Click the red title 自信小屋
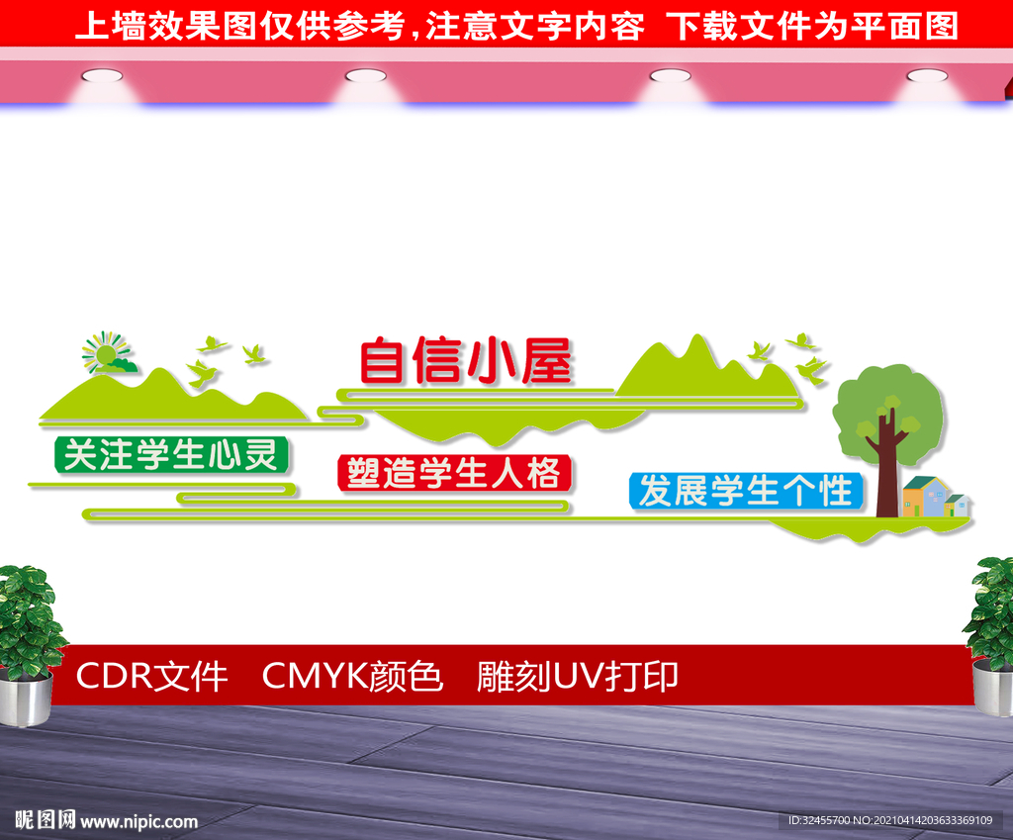pyautogui.click(x=466, y=360)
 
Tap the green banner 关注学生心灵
pyautogui.click(x=171, y=455)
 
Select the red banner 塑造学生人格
pyautogui.click(x=454, y=473)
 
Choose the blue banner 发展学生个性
pyautogui.click(x=746, y=491)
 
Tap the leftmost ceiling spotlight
pyautogui.click(x=102, y=75)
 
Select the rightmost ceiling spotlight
pyautogui.click(x=927, y=75)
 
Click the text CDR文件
pyautogui.click(x=151, y=677)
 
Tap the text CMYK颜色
pyautogui.click(x=352, y=677)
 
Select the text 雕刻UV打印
pyautogui.click(x=578, y=677)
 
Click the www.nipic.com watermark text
pyautogui.click(x=138, y=821)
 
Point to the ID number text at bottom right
pyautogui.click(x=890, y=820)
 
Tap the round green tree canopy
pyautogui.click(x=888, y=414)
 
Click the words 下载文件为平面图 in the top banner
pyautogui.click(x=812, y=27)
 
